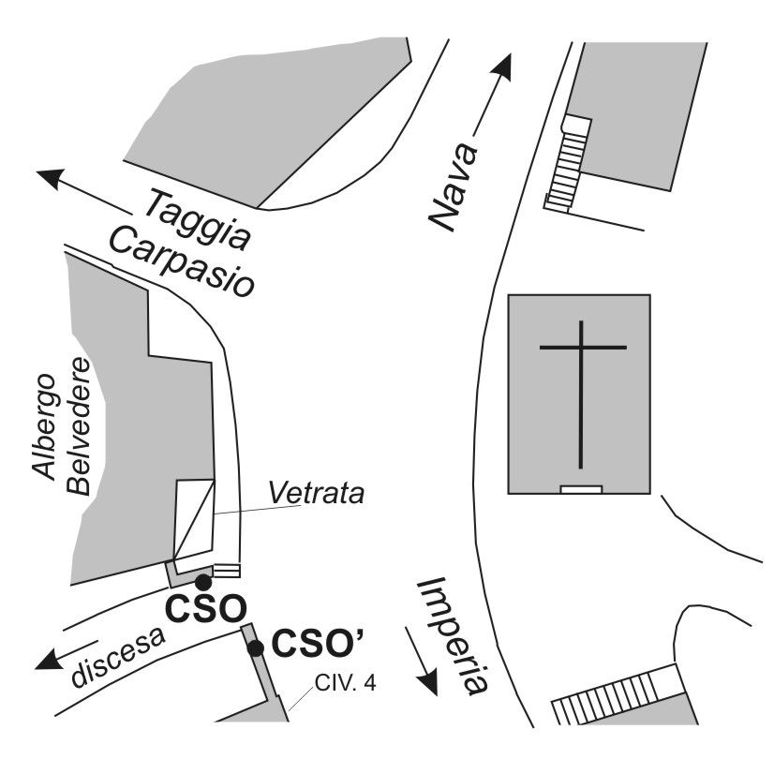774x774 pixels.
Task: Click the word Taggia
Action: pos(198,219)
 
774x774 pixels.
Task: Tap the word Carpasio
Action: pos(182,261)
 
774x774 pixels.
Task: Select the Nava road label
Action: pos(454,187)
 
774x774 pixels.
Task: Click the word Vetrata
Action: pos(317,493)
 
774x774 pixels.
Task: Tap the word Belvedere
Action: pos(79,426)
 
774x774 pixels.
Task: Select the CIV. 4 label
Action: pos(346,684)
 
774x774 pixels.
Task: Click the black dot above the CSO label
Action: pos(203,583)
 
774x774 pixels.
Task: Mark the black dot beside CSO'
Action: pos(256,648)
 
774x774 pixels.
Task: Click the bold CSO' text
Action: pos(319,645)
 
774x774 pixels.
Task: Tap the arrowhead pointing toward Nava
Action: pos(502,67)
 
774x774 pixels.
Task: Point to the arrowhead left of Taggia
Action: pos(51,178)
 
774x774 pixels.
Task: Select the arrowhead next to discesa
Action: pos(49,661)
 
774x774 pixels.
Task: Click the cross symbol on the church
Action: pos(583,394)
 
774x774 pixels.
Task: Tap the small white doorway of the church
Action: pos(582,490)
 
